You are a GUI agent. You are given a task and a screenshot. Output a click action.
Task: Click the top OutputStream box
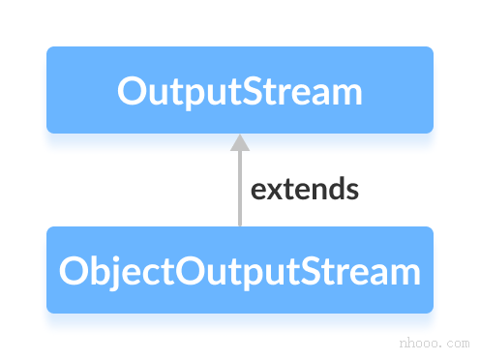point(239,90)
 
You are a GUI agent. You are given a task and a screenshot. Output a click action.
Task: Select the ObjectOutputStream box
point(239,270)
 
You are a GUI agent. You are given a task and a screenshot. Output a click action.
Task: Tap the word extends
point(305,189)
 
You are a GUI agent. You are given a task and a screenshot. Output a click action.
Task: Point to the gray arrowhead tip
point(239,135)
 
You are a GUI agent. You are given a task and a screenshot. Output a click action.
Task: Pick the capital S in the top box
point(256,92)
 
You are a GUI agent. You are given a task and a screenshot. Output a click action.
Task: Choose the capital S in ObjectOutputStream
point(315,272)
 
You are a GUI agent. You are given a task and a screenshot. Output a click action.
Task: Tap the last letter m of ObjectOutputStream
point(407,274)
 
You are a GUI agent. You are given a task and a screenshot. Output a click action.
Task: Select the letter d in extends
point(335,189)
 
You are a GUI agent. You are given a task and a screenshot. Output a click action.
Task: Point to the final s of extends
point(351,190)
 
